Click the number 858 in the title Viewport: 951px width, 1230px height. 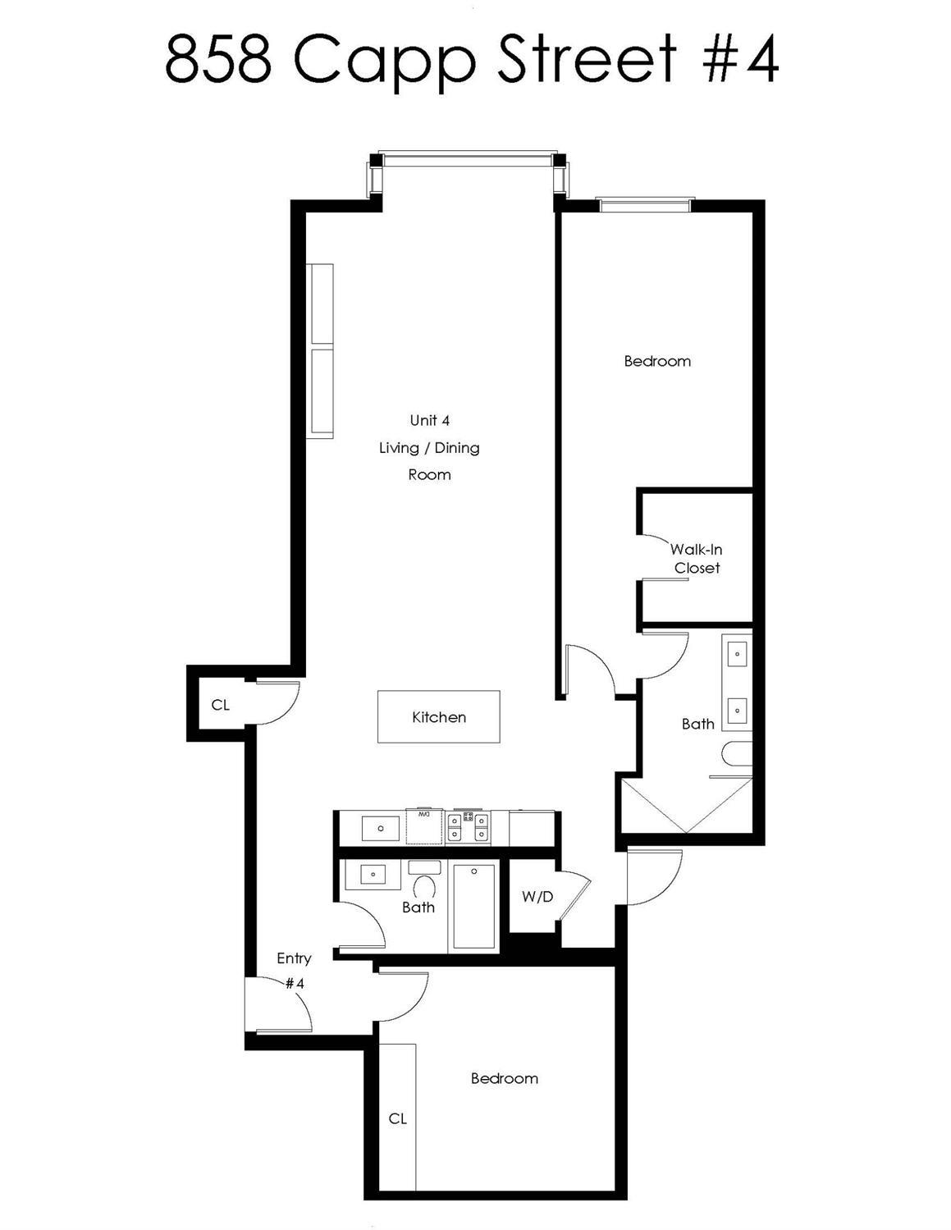tap(217, 60)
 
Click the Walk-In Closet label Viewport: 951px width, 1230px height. tap(697, 559)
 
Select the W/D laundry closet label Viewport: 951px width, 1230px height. tap(537, 897)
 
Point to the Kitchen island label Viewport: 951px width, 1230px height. tap(439, 717)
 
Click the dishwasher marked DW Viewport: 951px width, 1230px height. tap(424, 826)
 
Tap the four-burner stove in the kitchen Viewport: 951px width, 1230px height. tap(468, 827)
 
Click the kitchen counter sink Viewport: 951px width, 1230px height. tap(381, 829)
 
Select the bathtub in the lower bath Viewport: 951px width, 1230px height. tap(473, 908)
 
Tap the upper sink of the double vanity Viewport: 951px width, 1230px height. tap(737, 655)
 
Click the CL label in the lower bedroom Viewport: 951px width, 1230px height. tap(398, 1118)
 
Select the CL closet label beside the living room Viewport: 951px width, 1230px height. tap(221, 705)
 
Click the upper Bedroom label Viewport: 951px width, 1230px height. tap(657, 361)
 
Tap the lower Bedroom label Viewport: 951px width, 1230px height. tap(505, 1078)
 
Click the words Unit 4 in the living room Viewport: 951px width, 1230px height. tap(430, 420)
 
